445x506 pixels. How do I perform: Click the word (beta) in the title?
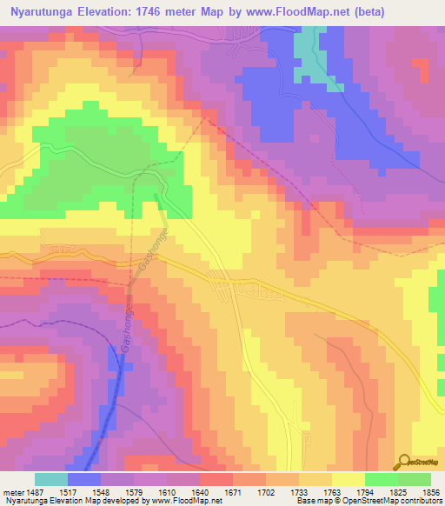tap(366, 12)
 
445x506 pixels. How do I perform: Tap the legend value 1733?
tap(301, 491)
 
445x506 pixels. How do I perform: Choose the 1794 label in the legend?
tap(365, 491)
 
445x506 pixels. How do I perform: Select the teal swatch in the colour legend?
tap(50, 479)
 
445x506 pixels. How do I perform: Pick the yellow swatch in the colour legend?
tap(348, 479)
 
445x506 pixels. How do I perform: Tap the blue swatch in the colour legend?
tap(83, 479)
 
